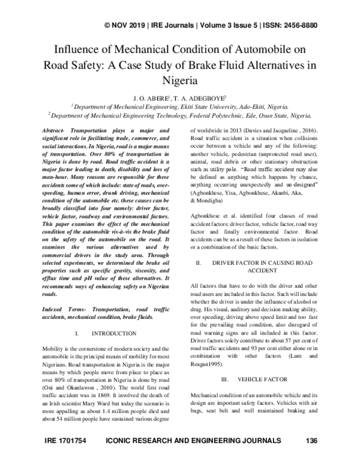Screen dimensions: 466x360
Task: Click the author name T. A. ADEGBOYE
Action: tap(201, 94)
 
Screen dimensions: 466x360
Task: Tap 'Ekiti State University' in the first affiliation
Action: tap(207, 104)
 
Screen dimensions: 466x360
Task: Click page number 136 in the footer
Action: tap(311, 458)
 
